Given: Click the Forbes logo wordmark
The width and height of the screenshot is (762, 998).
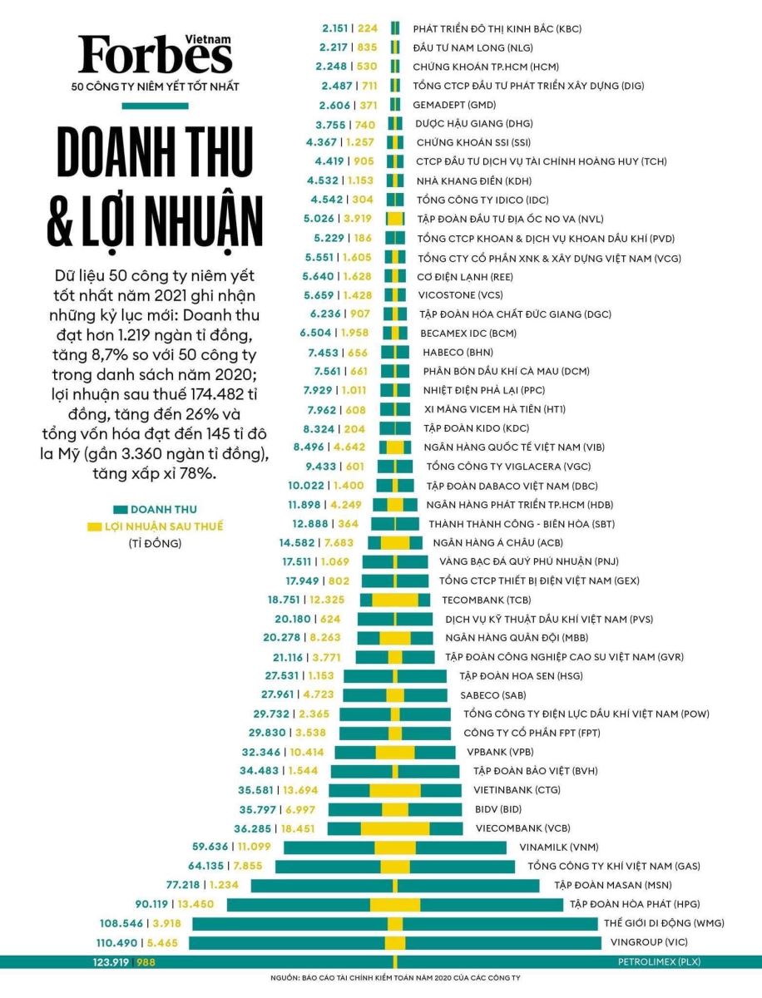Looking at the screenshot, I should (156, 56).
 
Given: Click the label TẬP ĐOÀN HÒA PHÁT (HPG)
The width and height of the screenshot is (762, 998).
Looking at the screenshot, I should (632, 904).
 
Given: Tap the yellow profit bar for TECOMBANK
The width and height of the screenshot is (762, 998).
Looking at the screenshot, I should (395, 600).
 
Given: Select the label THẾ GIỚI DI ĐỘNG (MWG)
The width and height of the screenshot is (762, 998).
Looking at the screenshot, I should (658, 923).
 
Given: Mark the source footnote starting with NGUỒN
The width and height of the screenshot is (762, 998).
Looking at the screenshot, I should (394, 978).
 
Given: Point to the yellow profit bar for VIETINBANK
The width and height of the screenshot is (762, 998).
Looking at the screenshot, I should (395, 790).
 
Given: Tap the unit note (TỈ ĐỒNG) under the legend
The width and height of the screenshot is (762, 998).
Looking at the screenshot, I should (155, 544).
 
